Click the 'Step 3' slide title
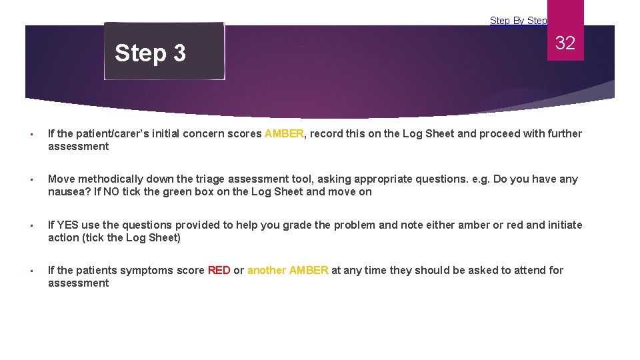click(x=150, y=53)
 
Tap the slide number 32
click(x=565, y=43)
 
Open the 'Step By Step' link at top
click(x=518, y=21)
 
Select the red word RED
click(x=219, y=271)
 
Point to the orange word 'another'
click(x=267, y=271)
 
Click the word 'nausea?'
click(x=67, y=192)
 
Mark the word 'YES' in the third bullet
click(x=69, y=225)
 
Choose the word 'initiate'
click(x=564, y=225)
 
